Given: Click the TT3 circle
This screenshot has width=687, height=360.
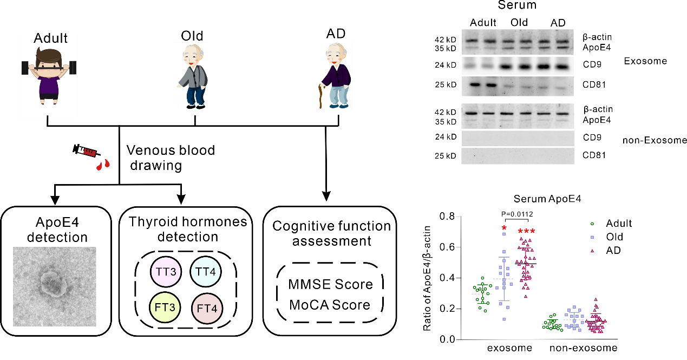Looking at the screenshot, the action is [166, 272].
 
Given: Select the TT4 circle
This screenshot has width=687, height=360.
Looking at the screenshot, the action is [206, 271].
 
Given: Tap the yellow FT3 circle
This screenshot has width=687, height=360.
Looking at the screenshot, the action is [165, 307].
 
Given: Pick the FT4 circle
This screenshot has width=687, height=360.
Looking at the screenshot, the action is [207, 308].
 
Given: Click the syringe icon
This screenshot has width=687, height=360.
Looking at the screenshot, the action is [86, 151].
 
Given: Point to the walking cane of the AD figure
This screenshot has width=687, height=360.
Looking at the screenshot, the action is [321, 96].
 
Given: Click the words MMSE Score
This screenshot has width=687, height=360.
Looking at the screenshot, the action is [330, 284].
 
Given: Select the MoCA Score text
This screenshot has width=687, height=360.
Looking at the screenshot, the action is [330, 305].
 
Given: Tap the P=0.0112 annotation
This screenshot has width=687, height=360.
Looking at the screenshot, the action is [517, 214].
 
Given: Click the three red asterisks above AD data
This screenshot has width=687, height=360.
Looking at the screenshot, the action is [526, 231].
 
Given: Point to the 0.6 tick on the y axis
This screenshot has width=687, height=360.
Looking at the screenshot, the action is [447, 247].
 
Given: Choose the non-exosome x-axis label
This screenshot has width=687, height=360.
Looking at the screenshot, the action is [584, 348].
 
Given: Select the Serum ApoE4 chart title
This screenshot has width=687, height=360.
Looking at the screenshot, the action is [547, 199].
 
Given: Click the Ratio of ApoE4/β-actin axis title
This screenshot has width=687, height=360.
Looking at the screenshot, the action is [427, 278].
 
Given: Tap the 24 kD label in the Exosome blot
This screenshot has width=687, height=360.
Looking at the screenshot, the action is [446, 65].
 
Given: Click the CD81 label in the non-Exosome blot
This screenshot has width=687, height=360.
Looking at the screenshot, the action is [594, 155].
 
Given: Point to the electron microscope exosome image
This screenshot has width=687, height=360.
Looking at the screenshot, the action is [55, 287].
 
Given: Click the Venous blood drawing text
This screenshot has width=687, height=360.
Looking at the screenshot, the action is [171, 158].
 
